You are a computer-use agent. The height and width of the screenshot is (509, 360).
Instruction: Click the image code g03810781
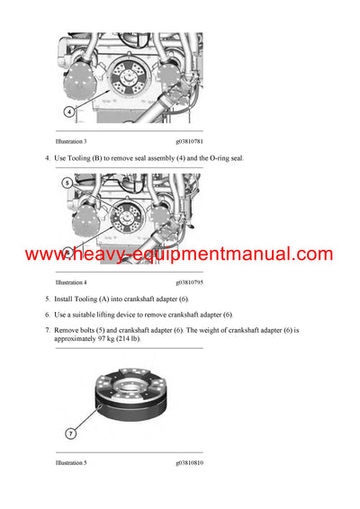click(195, 141)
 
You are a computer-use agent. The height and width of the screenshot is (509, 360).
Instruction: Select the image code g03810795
click(195, 282)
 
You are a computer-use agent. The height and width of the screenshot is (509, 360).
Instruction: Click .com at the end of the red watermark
click(311, 254)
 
